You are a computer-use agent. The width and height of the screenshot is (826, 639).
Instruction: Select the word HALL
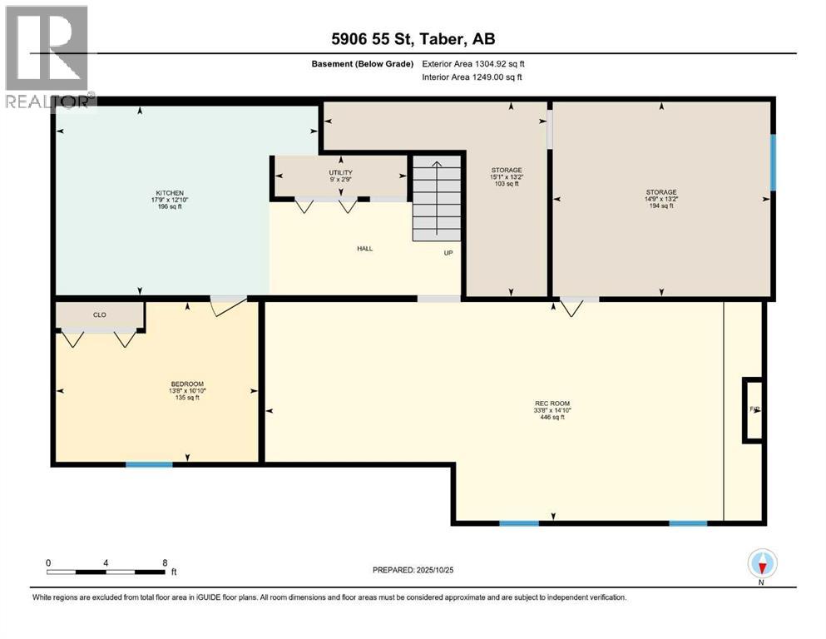364,248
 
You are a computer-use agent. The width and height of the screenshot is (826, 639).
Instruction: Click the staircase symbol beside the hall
437,197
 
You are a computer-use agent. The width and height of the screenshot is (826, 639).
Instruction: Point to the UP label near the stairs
448,253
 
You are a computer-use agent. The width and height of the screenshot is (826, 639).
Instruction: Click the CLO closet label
99,315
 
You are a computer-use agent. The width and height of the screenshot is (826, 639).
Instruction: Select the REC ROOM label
552,410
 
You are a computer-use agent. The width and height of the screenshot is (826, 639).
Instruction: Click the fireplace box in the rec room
753,409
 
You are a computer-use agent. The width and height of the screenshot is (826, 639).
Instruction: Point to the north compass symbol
762,564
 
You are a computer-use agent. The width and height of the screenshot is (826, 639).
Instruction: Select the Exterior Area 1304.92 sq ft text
473,63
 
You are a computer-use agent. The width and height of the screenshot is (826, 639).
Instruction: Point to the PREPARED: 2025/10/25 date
413,570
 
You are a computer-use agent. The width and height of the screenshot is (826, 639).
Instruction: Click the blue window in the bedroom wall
149,463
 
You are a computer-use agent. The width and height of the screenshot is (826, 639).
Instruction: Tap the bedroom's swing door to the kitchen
228,305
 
